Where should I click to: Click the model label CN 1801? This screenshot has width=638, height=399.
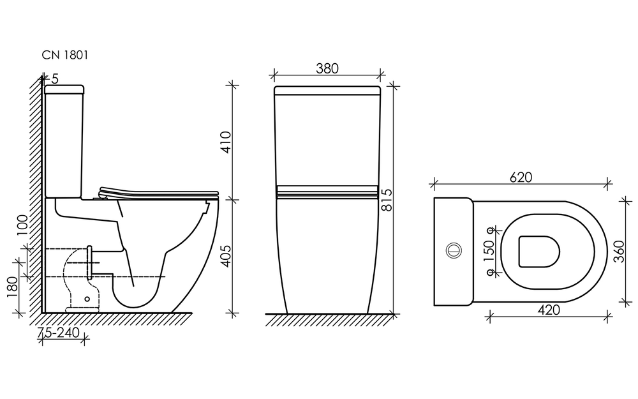pyautogui.click(x=65, y=55)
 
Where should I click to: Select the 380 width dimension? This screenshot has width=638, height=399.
pyautogui.click(x=327, y=68)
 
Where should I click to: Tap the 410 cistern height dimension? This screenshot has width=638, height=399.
pyautogui.click(x=225, y=142)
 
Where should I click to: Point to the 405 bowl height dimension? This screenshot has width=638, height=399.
pyautogui.click(x=225, y=256)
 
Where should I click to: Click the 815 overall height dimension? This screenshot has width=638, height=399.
pyautogui.click(x=387, y=199)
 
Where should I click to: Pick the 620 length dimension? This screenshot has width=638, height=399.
pyautogui.click(x=521, y=177)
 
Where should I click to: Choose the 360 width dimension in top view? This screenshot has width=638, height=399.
pyautogui.click(x=618, y=251)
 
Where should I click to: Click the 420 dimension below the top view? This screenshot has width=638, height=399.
pyautogui.click(x=549, y=310)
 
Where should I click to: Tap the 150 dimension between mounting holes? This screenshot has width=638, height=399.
pyautogui.click(x=489, y=251)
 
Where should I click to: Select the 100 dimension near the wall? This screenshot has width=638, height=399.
pyautogui.click(x=23, y=225)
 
